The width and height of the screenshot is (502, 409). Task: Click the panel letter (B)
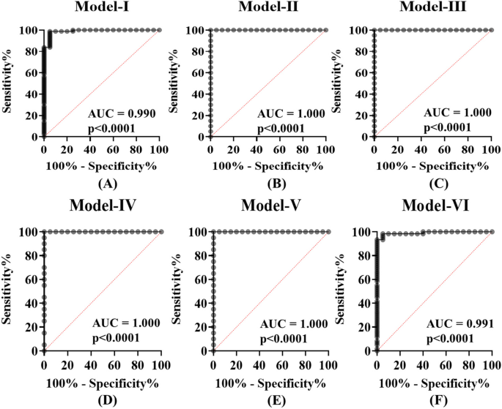[x=267, y=183]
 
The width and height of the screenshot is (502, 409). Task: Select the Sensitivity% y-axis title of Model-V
[x=179, y=291]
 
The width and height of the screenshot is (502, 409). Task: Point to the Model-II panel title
[x=267, y=10]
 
